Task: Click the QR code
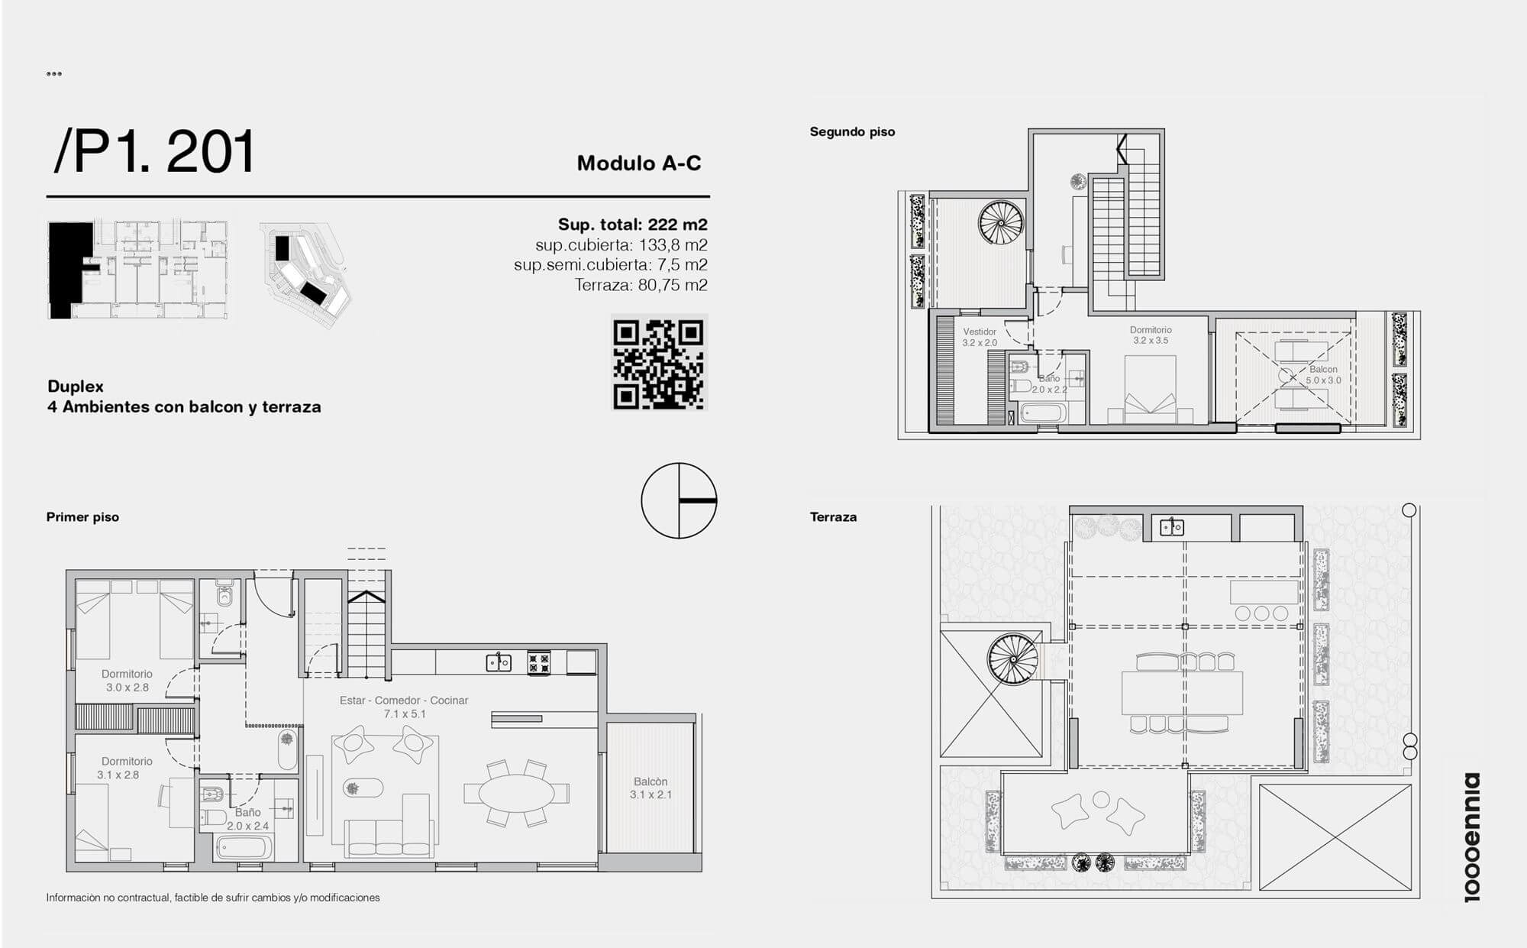tap(659, 363)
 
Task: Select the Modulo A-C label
tap(639, 163)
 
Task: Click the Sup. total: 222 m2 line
tap(632, 225)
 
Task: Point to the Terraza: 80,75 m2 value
tap(641, 285)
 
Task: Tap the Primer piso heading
tap(82, 517)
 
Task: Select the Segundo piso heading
tap(852, 131)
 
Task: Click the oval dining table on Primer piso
tap(517, 793)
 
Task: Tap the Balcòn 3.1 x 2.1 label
tap(651, 788)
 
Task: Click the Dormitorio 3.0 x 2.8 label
tap(127, 681)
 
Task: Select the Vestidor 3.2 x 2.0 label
tap(980, 337)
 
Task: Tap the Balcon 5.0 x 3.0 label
tap(1323, 374)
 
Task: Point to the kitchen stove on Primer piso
tap(539, 662)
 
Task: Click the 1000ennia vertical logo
tap(1471, 837)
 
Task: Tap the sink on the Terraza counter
tap(1172, 526)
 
